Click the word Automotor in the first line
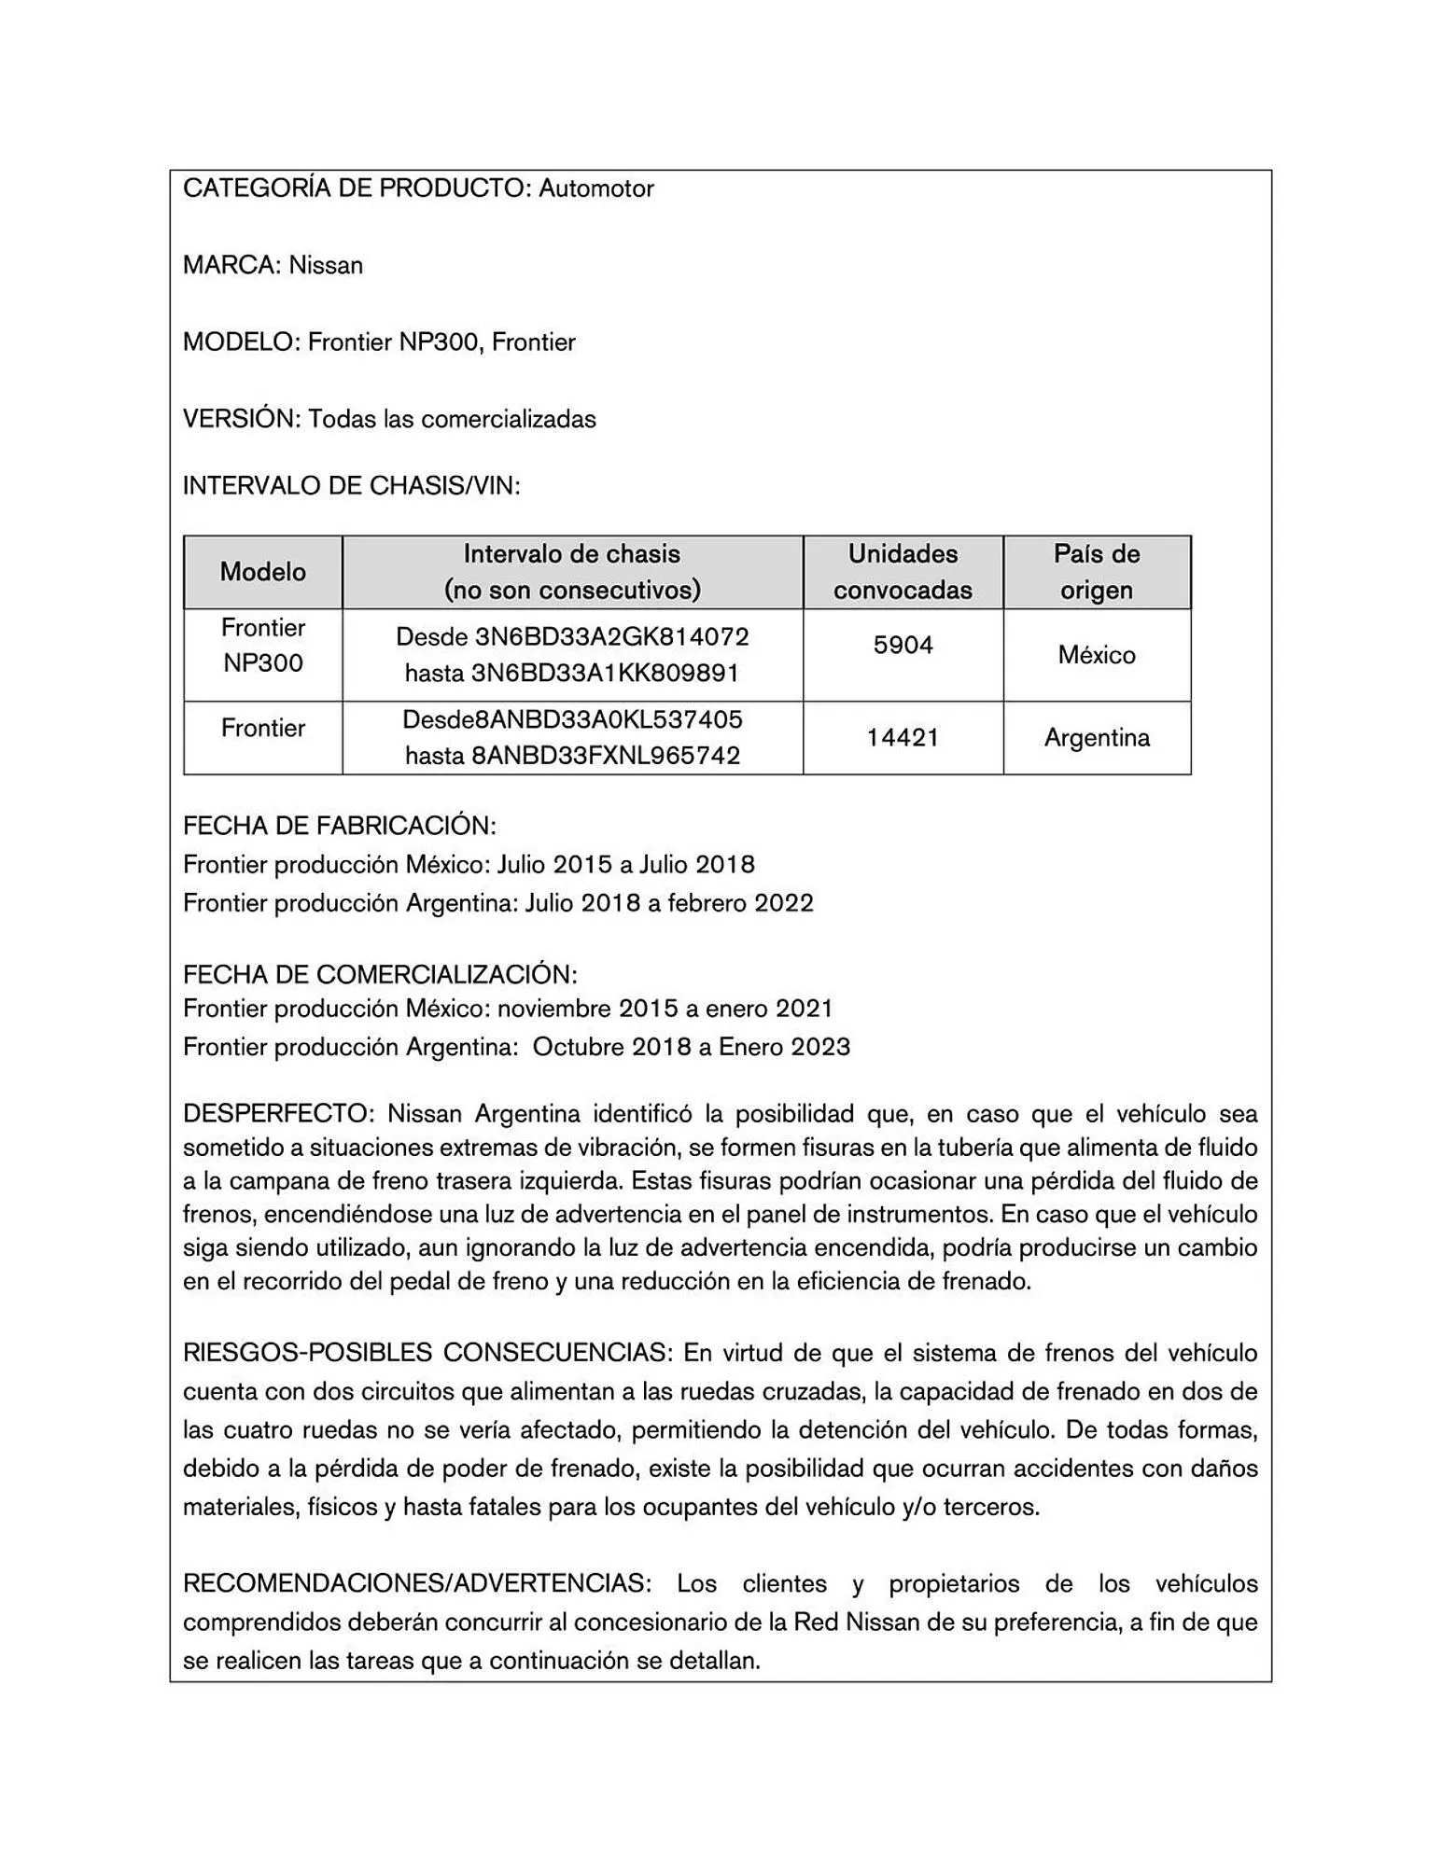click(x=595, y=188)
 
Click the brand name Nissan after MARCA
click(x=325, y=265)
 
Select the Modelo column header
click(x=262, y=571)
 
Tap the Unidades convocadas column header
click(x=902, y=571)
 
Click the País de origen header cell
click(x=1096, y=571)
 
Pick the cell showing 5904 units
click(x=902, y=645)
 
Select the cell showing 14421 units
click(x=902, y=737)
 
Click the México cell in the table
click(x=1096, y=654)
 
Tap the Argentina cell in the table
click(x=1096, y=737)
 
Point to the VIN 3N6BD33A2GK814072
click(x=611, y=636)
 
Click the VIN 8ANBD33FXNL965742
click(x=606, y=755)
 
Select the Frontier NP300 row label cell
click(x=262, y=645)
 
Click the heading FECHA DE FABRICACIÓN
click(x=339, y=826)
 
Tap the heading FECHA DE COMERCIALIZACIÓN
click(x=380, y=974)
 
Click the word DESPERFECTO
click(x=277, y=1113)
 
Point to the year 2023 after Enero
click(x=820, y=1047)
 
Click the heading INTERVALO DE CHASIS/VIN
click(x=351, y=485)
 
